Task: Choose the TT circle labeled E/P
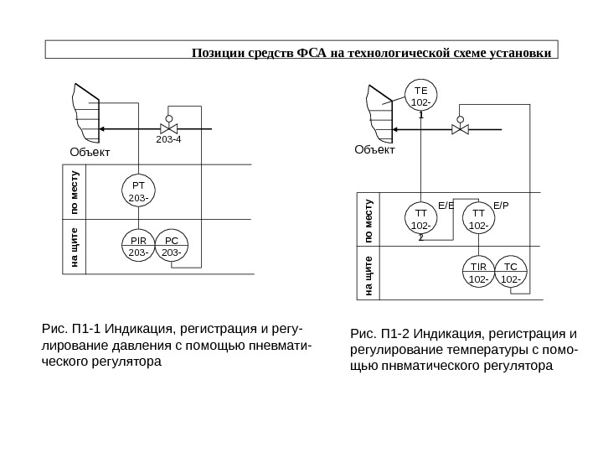click(x=478, y=219)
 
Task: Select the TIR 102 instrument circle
click(x=478, y=272)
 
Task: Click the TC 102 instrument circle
click(x=512, y=272)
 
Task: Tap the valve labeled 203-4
click(x=168, y=129)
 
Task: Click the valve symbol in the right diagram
click(x=459, y=129)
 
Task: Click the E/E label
click(x=446, y=203)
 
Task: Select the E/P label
click(x=501, y=203)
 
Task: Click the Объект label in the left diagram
click(x=88, y=154)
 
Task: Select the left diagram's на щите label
click(x=74, y=248)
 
